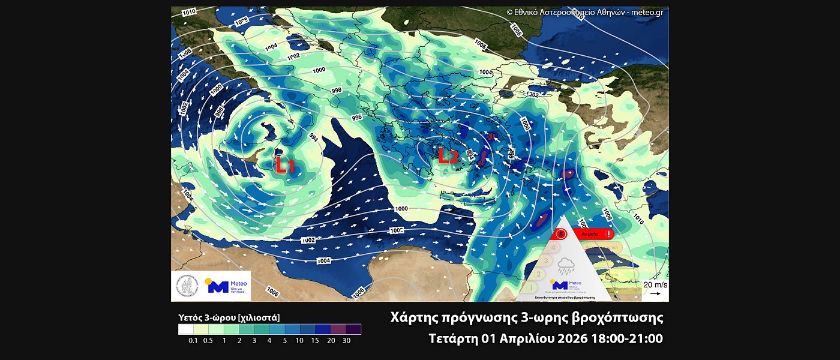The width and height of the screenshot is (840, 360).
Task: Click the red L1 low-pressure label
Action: pyautogui.click(x=285, y=166)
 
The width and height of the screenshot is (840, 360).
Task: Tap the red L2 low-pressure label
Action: pyautogui.click(x=448, y=156)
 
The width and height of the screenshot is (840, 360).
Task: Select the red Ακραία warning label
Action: pyautogui.click(x=590, y=234)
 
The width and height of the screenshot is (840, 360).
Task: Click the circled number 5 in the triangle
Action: pyautogui.click(x=561, y=234)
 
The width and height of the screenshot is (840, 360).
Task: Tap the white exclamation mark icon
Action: pyautogui.click(x=608, y=234)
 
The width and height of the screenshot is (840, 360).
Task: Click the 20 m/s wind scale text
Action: pyautogui.click(x=655, y=284)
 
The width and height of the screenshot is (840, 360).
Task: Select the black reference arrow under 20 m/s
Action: pyautogui.click(x=655, y=294)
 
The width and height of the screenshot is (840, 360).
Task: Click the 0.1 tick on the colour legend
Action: pyautogui.click(x=193, y=341)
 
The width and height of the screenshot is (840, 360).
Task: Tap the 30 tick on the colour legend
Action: pyautogui.click(x=346, y=341)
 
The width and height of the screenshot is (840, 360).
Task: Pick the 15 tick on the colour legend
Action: pyautogui.click(x=316, y=341)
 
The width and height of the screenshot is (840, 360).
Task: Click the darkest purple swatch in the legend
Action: pyautogui.click(x=353, y=329)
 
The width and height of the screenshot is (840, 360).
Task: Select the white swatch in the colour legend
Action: pyautogui.click(x=185, y=329)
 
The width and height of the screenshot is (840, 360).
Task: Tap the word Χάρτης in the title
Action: pyautogui.click(x=410, y=317)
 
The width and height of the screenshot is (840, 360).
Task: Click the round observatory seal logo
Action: pyautogui.click(x=187, y=286)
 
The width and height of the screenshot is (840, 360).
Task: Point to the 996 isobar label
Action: pyautogui.click(x=356, y=118)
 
